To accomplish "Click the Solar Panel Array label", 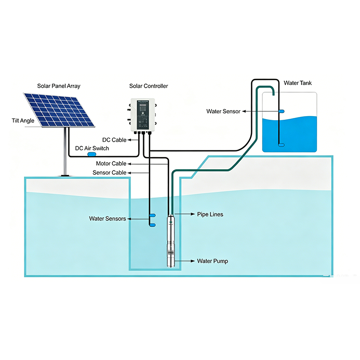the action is [59, 86].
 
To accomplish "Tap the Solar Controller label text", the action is [148, 86].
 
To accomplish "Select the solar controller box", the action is [143, 115].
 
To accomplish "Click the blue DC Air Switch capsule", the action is [92, 154].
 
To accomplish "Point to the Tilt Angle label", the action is [23, 121].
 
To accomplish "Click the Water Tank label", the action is [298, 83].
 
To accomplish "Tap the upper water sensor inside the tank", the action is [282, 111].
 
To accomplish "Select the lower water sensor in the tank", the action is [282, 145].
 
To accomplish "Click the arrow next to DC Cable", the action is [133, 140].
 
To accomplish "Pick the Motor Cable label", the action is [111, 163].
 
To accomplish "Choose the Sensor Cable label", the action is [109, 173].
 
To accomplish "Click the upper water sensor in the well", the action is [153, 216].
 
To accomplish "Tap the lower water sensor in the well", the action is [153, 225].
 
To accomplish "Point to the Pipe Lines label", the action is [210, 215].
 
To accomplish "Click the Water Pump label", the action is [212, 261].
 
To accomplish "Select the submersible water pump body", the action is [171, 241].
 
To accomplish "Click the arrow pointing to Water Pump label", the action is [185, 261].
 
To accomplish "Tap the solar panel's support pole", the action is [65, 152].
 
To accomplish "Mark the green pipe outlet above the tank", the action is [274, 94].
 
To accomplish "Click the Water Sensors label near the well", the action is [108, 219].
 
